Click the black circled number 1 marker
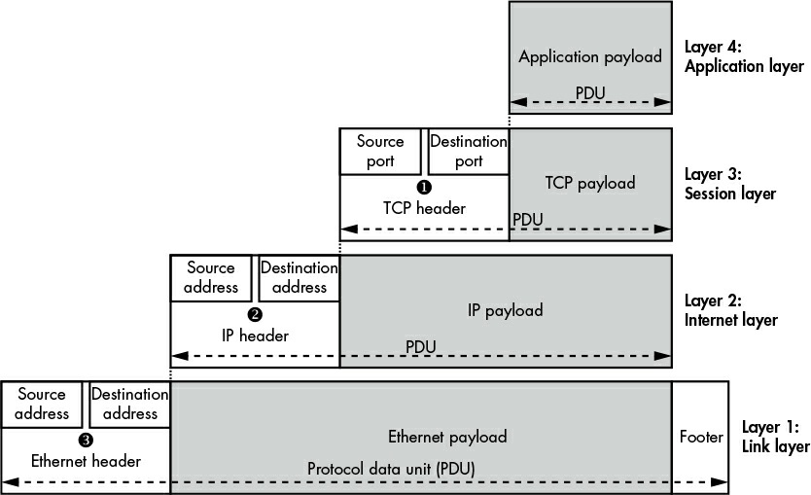[424, 188]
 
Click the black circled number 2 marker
[255, 314]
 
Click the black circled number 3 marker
[86, 441]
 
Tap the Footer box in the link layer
[700, 437]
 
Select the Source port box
[380, 152]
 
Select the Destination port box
[469, 152]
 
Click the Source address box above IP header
[211, 278]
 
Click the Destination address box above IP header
[299, 278]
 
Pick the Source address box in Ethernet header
[42, 405]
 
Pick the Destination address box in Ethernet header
[130, 405]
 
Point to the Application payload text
[590, 56]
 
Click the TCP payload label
[590, 183]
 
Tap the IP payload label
[506, 310]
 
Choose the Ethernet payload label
[447, 437]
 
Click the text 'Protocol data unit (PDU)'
[391, 469]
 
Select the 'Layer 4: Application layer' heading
[744, 56]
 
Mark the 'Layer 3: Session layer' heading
[730, 184]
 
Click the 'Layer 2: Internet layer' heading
[731, 310]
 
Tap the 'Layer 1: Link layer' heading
[776, 437]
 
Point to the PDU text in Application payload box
[590, 93]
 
